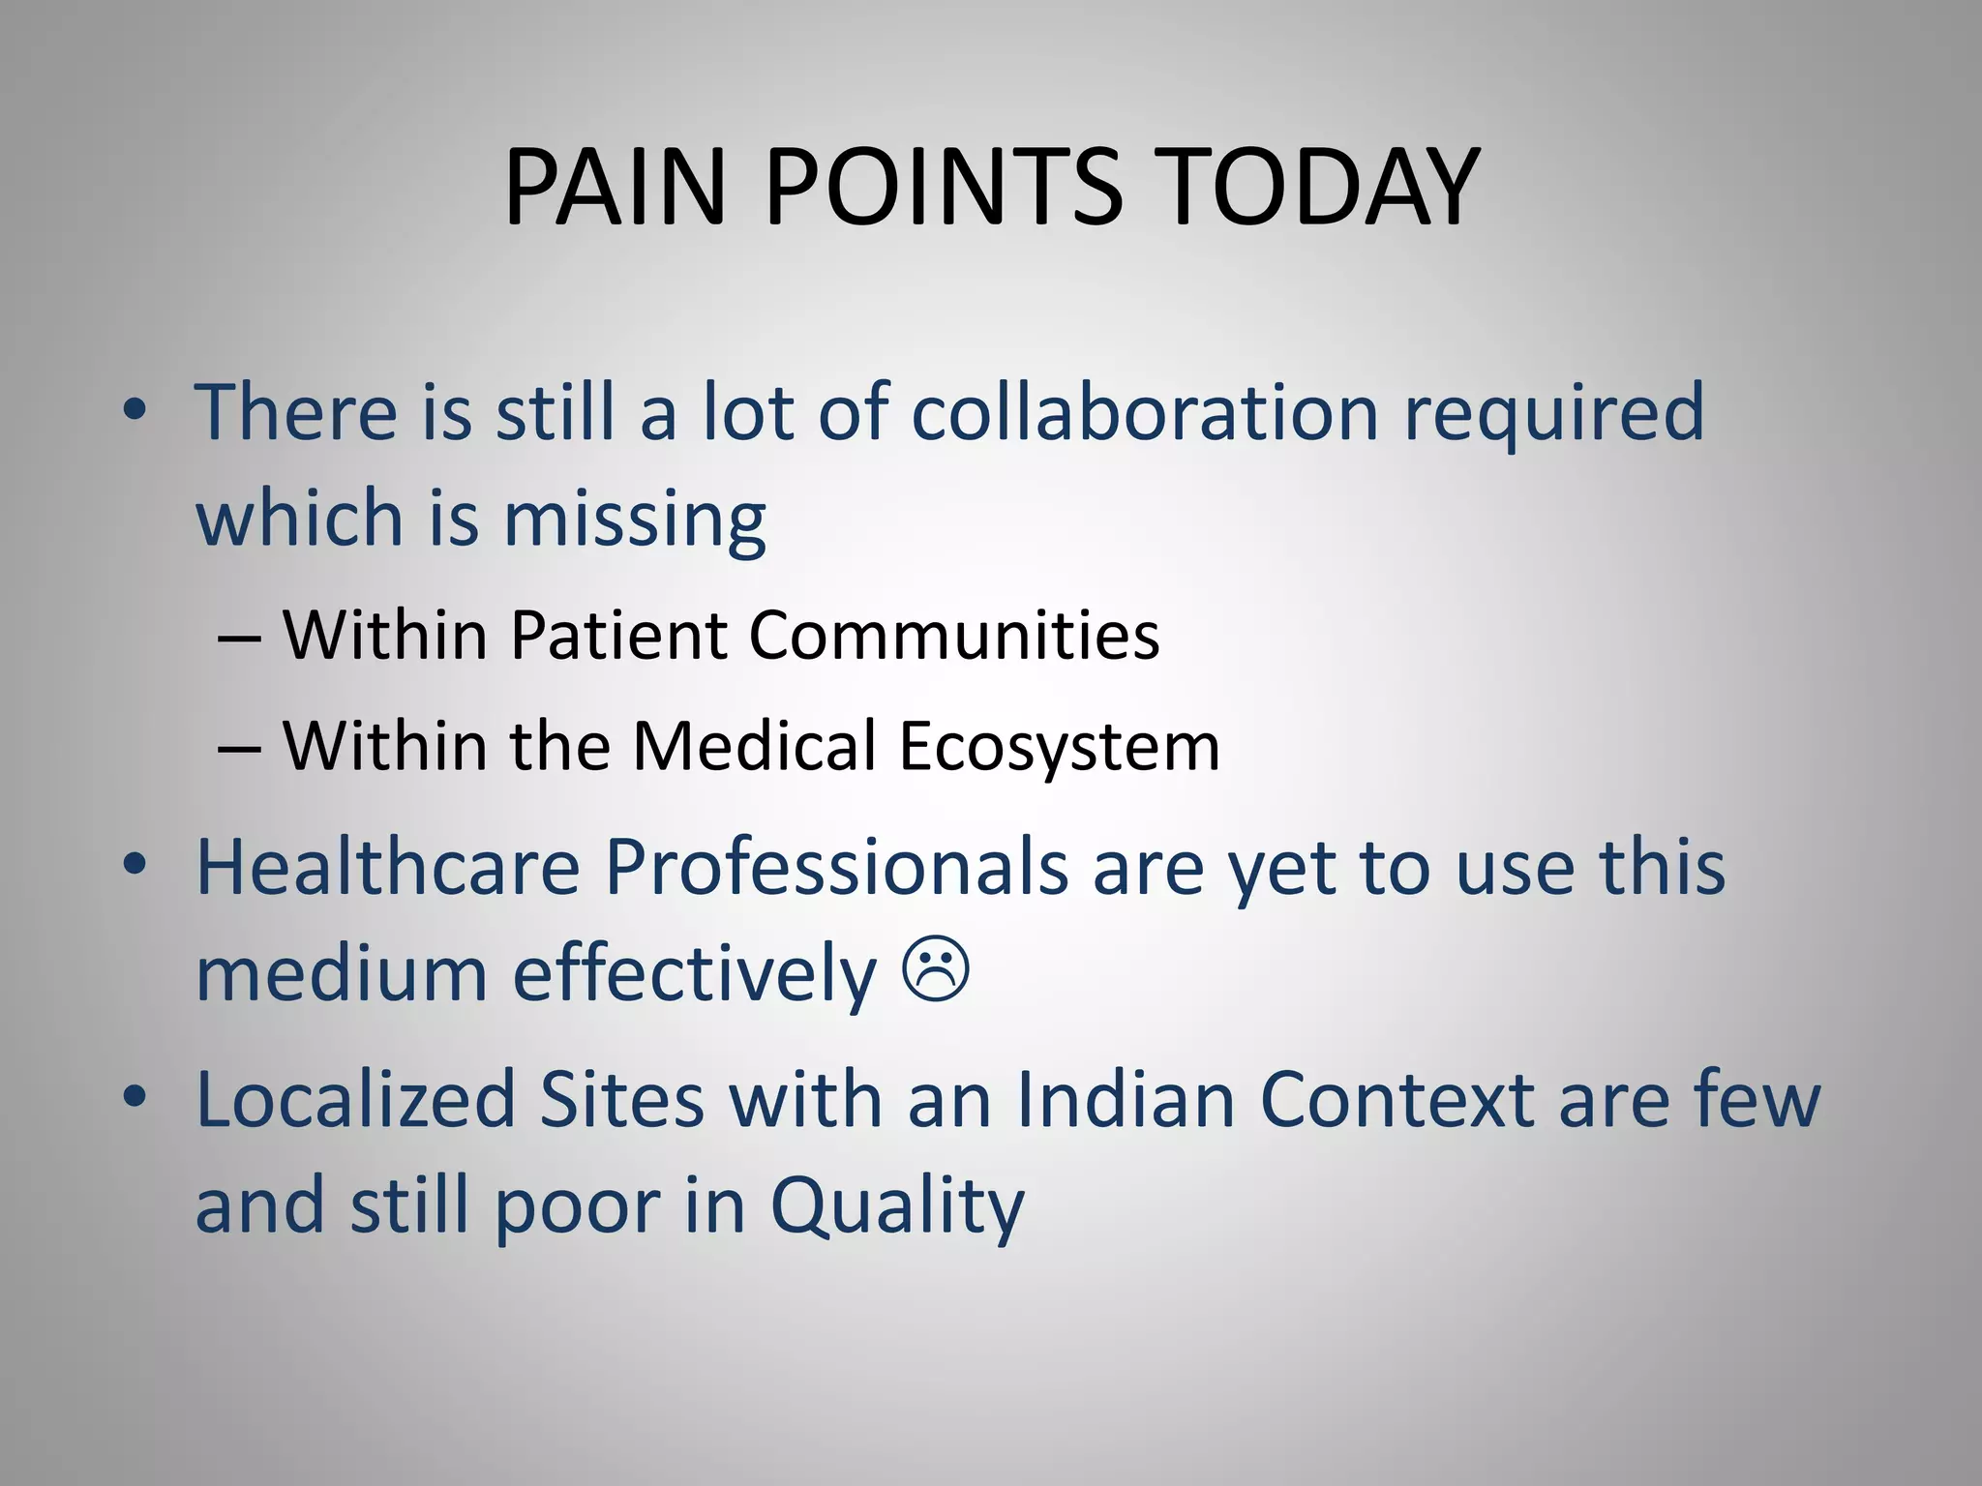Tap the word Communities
(x=953, y=636)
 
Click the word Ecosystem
(x=1059, y=747)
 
